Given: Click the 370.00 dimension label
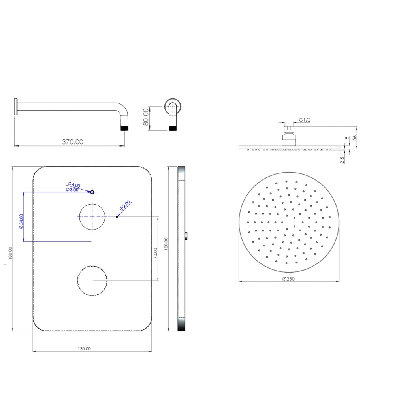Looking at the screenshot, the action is click(73, 142).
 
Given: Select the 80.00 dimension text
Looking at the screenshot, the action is click(146, 117).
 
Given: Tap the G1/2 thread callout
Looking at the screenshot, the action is click(305, 120).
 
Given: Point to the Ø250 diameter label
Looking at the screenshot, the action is click(289, 279).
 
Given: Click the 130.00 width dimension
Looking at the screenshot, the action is click(84, 349).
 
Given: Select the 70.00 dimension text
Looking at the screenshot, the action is click(156, 253).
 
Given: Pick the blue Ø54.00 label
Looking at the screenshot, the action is click(21, 221).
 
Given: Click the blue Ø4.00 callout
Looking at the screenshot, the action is click(74, 184).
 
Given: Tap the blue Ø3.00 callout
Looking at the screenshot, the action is click(72, 190).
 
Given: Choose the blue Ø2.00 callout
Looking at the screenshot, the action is click(125, 205).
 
